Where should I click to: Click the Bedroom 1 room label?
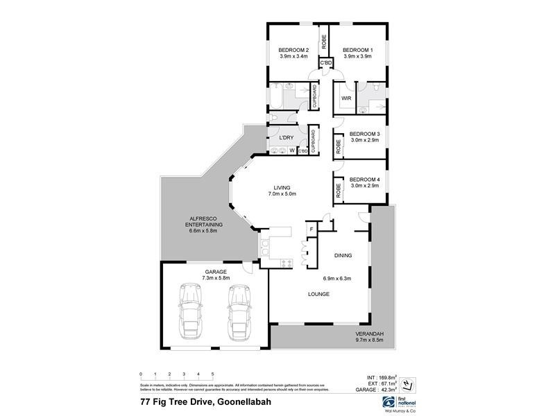(357, 50)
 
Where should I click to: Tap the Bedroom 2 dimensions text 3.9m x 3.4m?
(293, 57)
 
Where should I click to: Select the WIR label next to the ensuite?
(345, 98)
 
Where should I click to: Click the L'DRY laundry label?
(286, 137)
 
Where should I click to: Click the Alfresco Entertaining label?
(204, 225)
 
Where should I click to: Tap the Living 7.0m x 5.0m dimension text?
(281, 194)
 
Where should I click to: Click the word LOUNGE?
(319, 294)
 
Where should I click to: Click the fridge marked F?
(311, 229)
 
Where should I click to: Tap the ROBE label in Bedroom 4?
(339, 189)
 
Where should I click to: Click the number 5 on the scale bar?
(212, 374)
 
